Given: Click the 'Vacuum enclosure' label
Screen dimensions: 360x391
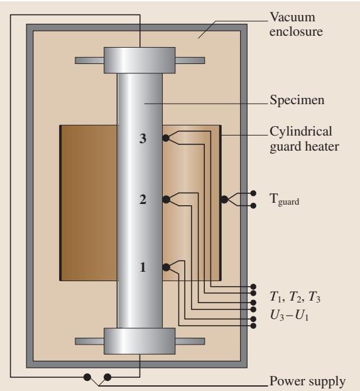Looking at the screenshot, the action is pyautogui.click(x=296, y=24).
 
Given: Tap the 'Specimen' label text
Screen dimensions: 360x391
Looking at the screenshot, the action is pyautogui.click(x=297, y=100).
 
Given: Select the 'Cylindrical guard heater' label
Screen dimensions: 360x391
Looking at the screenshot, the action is pyautogui.click(x=304, y=139).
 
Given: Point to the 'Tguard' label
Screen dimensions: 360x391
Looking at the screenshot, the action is pyautogui.click(x=285, y=200).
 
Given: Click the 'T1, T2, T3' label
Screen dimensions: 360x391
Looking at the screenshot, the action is pyautogui.click(x=295, y=297).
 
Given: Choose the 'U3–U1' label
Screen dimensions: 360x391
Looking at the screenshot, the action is pyautogui.click(x=290, y=315).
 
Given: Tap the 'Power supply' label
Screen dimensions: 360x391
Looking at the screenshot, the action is pyautogui.click(x=307, y=381).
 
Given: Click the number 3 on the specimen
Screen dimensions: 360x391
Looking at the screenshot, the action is pyautogui.click(x=143, y=139).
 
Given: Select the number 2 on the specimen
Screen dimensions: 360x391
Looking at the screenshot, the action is pyautogui.click(x=143, y=200).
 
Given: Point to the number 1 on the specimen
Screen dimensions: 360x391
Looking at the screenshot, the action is pyautogui.click(x=143, y=267).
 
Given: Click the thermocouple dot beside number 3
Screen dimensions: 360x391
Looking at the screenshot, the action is pyautogui.click(x=166, y=138).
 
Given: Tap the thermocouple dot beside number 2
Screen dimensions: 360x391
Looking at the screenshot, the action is pyautogui.click(x=166, y=200).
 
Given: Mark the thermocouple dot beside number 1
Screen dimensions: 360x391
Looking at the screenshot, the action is pyautogui.click(x=166, y=267).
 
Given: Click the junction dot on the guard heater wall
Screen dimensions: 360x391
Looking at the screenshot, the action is pyautogui.click(x=224, y=200).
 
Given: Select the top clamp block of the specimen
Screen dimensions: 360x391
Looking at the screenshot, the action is pyautogui.click(x=139, y=60).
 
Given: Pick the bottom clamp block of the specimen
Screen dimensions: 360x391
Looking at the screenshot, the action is pyautogui.click(x=139, y=341).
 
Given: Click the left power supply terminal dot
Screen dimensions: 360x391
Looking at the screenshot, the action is pyautogui.click(x=87, y=377).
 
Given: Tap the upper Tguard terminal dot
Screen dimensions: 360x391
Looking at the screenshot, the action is pyautogui.click(x=253, y=193).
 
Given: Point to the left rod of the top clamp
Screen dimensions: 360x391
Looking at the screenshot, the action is pyautogui.click(x=89, y=61).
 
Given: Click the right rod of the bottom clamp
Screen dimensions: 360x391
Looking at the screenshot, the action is pyautogui.click(x=190, y=341).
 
